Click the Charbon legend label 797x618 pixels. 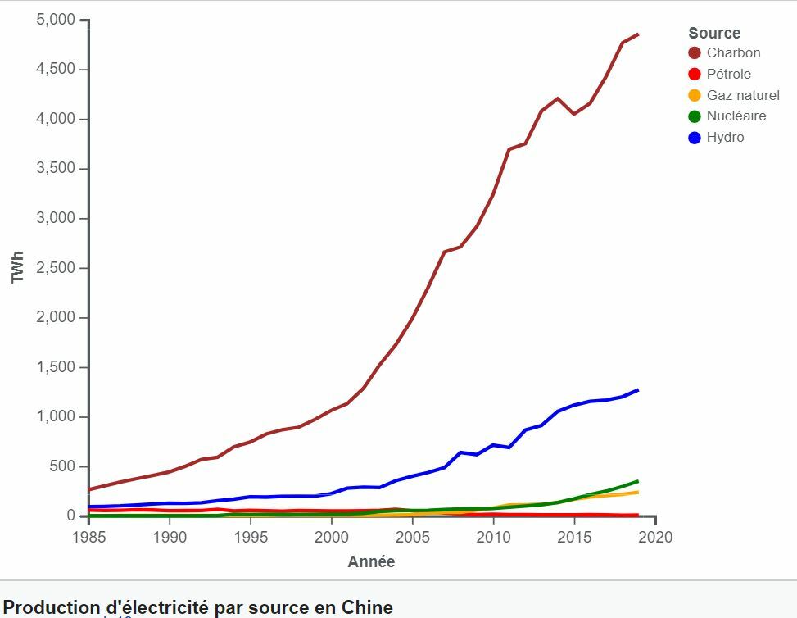pos(733,53)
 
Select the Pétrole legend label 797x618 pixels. pos(728,74)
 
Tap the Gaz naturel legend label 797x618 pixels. pos(743,95)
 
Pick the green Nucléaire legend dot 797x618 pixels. pos(695,116)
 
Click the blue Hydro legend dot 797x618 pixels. pos(695,138)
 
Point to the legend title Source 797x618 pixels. pos(714,33)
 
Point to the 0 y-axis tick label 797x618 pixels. pos(71,516)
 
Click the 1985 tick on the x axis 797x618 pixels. pos(88,538)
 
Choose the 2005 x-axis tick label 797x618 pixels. pos(413,538)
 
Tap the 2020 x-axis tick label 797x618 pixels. pos(655,538)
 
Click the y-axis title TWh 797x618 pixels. pos(18,268)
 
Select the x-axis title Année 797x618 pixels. pos(371,562)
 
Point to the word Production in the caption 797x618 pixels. pos(51,608)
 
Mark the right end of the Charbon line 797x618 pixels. pos(638,34)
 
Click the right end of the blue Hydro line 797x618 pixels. pos(638,390)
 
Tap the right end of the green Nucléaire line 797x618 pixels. pos(638,481)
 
